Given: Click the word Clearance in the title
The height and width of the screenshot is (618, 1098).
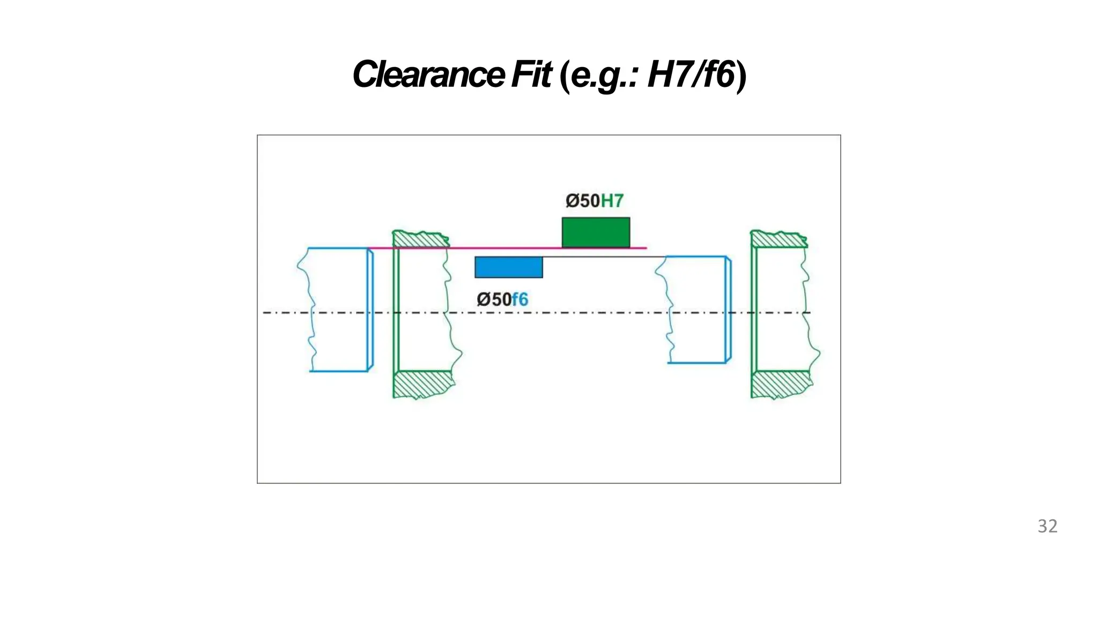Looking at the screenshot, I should (x=428, y=75).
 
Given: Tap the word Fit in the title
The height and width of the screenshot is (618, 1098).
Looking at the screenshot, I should (x=531, y=75).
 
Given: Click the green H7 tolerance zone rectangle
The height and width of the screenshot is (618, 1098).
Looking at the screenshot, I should (x=596, y=232).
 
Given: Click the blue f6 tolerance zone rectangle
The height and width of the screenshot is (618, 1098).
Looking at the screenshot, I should (x=508, y=267).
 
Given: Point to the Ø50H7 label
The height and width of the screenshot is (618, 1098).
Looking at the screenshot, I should (x=594, y=201).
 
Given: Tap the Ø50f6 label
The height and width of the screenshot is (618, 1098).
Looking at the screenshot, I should (x=502, y=299).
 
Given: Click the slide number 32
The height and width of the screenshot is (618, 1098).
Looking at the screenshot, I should (x=1048, y=526).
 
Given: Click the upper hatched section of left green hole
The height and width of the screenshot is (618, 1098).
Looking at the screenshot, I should (x=420, y=239).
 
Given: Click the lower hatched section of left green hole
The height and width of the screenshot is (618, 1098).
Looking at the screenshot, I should (x=422, y=384).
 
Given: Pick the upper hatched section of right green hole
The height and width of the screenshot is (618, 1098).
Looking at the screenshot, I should (x=778, y=239).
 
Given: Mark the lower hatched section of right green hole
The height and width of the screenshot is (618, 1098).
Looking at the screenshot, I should (x=781, y=384).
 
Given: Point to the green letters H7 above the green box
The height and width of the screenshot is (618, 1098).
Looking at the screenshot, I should (x=612, y=201).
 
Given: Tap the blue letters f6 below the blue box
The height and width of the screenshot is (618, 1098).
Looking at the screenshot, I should (x=520, y=299).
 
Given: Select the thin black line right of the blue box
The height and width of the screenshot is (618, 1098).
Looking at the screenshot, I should (x=603, y=257).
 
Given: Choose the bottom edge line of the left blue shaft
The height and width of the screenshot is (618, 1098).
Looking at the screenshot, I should (x=339, y=371).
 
